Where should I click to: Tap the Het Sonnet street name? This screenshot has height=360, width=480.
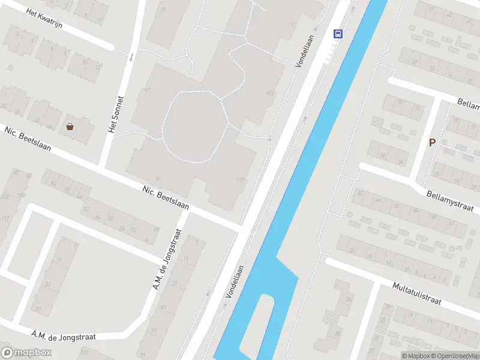115,115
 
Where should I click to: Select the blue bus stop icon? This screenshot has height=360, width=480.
338,34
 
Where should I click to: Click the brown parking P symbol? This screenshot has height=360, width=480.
431,143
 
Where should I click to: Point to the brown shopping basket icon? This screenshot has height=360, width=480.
70,126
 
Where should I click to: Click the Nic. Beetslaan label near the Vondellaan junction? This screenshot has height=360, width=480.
166,197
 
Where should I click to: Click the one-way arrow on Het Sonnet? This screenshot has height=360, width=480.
131,58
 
